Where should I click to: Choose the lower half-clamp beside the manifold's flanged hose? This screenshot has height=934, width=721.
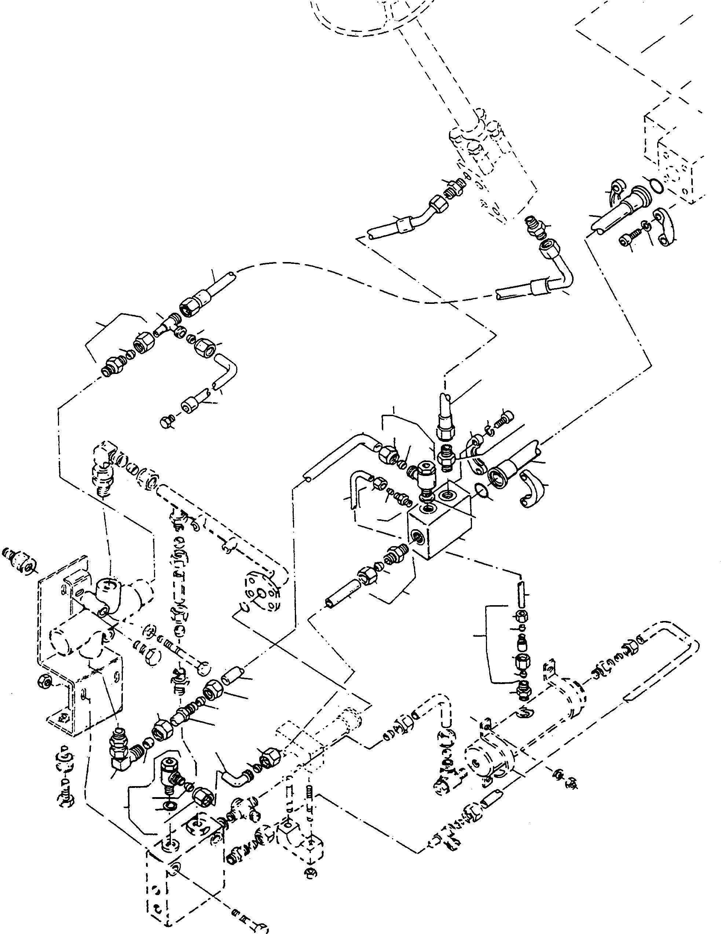[532, 492]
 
